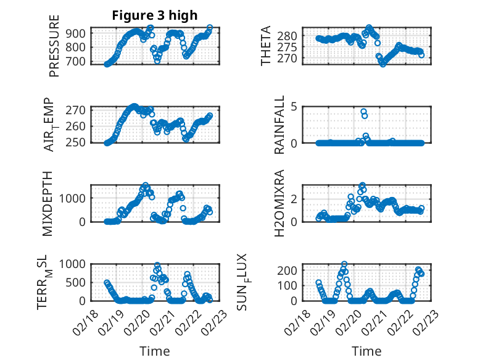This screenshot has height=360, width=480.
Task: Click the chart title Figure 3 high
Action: [154, 15]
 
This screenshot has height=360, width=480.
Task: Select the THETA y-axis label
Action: [266, 46]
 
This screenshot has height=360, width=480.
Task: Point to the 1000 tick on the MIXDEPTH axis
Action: [75, 198]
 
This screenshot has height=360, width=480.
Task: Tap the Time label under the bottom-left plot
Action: [154, 351]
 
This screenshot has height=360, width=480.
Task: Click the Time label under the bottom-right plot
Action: [366, 351]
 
